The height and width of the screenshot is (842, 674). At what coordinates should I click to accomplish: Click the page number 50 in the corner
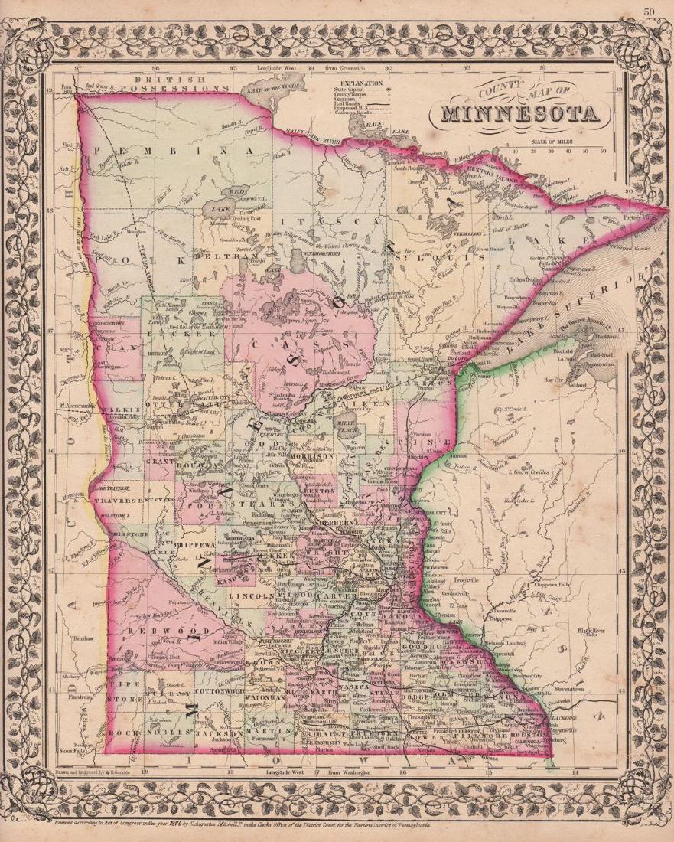[650, 11]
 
